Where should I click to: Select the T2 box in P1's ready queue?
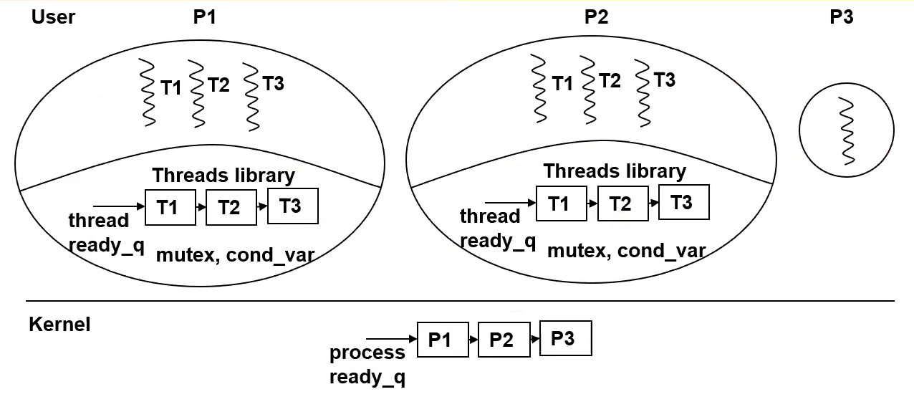[x=229, y=208]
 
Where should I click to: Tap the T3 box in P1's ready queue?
[x=292, y=206]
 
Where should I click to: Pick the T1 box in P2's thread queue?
[x=559, y=204]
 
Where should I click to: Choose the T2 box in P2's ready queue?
[x=620, y=204]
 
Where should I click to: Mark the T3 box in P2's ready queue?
[x=683, y=202]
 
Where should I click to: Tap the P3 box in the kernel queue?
[x=565, y=338]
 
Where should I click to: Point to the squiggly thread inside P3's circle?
[x=846, y=131]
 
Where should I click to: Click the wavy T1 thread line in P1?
[x=148, y=92]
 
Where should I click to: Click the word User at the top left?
[x=53, y=17]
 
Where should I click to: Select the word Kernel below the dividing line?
[x=59, y=325]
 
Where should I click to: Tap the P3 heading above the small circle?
[x=841, y=17]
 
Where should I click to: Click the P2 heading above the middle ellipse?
[x=596, y=17]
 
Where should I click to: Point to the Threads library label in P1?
[x=223, y=176]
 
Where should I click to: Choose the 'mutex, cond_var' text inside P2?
[x=626, y=251]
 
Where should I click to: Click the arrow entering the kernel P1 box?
[x=391, y=339]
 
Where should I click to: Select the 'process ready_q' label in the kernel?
[x=367, y=365]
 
